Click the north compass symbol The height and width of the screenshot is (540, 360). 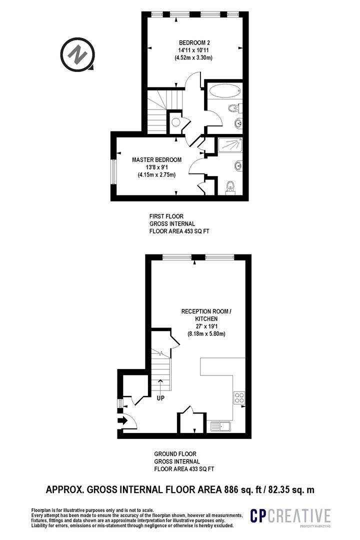[x=77, y=55]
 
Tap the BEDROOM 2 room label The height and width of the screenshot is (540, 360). [x=194, y=42]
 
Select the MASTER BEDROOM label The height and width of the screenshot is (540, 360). [x=156, y=160]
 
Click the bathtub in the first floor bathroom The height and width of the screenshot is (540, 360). [x=224, y=92]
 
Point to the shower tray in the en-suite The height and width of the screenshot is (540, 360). [x=230, y=144]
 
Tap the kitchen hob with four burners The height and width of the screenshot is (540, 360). [x=239, y=398]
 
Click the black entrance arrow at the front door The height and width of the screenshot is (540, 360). [x=122, y=420]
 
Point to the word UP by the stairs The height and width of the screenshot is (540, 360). [x=160, y=398]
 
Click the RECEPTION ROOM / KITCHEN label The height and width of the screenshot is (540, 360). [x=206, y=315]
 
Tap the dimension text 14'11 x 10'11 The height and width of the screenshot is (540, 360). [x=193, y=50]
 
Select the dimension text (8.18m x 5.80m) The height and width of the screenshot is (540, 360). [x=206, y=333]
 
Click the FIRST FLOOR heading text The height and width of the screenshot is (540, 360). [x=166, y=216]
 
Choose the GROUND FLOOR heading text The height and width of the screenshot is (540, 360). [x=175, y=454]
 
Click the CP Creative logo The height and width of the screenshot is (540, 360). [x=290, y=516]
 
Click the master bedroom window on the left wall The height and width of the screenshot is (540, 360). [x=112, y=171]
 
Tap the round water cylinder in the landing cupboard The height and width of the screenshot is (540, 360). [x=175, y=122]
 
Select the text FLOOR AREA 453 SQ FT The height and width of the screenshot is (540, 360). [x=179, y=231]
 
